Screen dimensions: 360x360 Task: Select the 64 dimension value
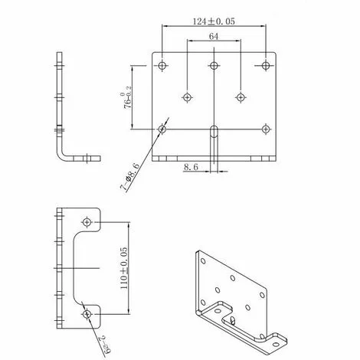click(214, 36)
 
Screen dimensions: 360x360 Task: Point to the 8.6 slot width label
click(192, 166)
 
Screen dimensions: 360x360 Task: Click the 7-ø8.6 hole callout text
click(129, 175)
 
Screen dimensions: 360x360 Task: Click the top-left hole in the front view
click(162, 65)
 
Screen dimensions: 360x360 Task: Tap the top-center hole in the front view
click(214, 65)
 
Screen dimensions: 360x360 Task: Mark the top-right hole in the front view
click(266, 65)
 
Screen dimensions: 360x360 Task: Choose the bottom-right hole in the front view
click(266, 128)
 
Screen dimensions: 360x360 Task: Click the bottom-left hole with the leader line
click(162, 128)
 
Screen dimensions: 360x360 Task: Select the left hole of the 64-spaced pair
click(187, 97)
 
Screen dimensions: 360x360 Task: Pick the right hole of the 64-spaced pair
click(241, 97)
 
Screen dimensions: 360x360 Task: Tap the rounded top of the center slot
click(214, 124)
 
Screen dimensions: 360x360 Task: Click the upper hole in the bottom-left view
click(88, 222)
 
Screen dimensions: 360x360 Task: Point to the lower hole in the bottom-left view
click(88, 314)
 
